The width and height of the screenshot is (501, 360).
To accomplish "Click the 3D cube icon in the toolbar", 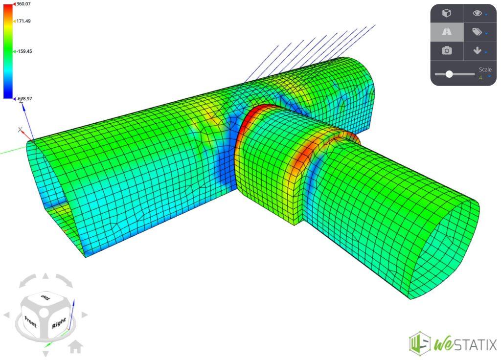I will point(447,13).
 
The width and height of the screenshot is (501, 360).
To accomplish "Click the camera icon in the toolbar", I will point(447,51).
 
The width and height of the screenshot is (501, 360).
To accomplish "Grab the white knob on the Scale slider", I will point(449,74).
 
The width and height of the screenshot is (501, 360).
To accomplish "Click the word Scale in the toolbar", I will point(485,69).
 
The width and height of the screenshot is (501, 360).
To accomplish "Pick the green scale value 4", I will point(481,78).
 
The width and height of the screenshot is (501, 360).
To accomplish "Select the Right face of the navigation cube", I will point(58,323).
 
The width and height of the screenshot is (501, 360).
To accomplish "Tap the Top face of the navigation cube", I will point(46,298).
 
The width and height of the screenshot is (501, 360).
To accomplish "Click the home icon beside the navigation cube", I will point(75,347).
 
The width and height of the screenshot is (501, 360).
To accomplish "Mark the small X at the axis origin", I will point(20,130).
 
